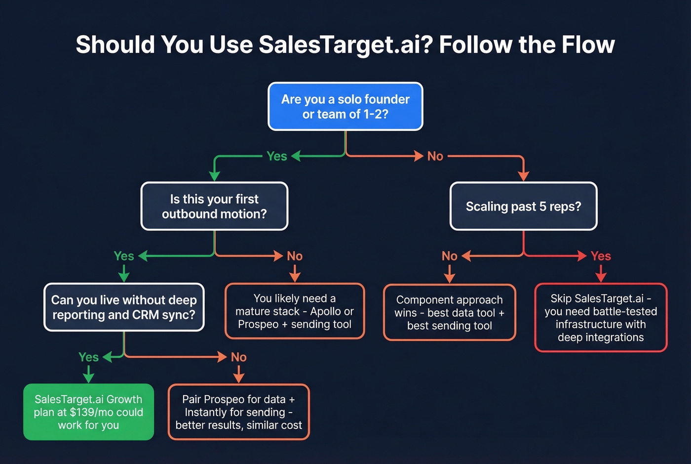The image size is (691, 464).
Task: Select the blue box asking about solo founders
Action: pyautogui.click(x=345, y=106)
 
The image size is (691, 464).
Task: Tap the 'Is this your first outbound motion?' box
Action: pyautogui.click(x=214, y=206)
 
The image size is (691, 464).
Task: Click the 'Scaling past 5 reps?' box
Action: pyautogui.click(x=523, y=206)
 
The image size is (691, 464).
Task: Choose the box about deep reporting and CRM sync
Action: pyautogui.click(x=124, y=307)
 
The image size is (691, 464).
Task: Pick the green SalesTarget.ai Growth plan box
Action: pyautogui.click(x=88, y=412)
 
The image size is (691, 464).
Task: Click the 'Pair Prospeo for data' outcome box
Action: pyautogui.click(x=238, y=412)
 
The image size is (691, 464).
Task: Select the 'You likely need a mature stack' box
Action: pyautogui.click(x=295, y=311)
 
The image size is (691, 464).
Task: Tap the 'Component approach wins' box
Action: pyautogui.click(x=449, y=312)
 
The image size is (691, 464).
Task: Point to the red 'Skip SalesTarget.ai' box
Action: pyautogui.click(x=601, y=317)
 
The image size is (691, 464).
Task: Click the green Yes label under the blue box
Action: pyautogui.click(x=276, y=156)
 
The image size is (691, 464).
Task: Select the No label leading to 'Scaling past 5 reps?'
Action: pyautogui.click(x=435, y=156)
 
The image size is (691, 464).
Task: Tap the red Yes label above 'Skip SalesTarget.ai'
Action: pyautogui.click(x=601, y=256)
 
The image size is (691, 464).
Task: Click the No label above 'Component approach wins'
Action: pyautogui.click(x=449, y=256)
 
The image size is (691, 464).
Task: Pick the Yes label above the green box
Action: pyautogui.click(x=88, y=357)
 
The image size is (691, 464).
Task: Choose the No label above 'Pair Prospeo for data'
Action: pyautogui.click(x=238, y=357)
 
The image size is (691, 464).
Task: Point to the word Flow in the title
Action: pyautogui.click(x=588, y=44)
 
